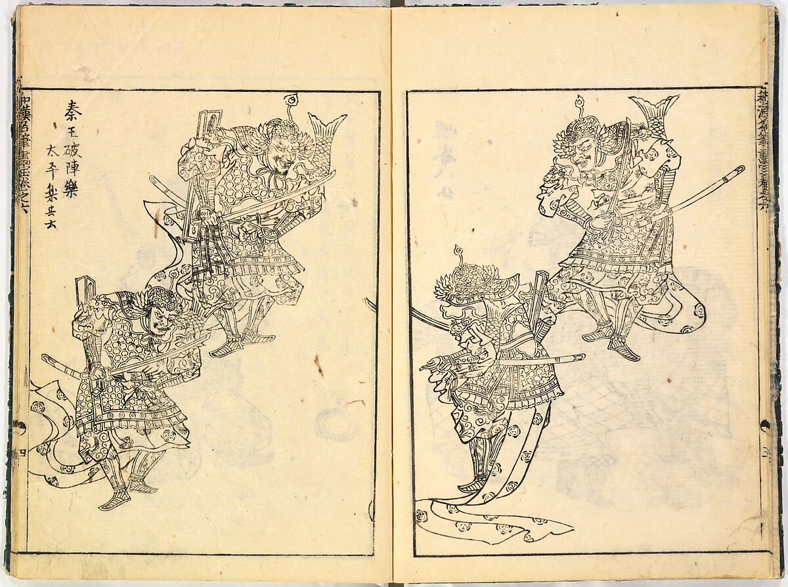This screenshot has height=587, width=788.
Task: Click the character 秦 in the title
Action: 74,108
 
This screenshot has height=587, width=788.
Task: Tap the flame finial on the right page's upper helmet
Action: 579,103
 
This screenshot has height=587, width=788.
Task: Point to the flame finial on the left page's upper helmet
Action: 290,100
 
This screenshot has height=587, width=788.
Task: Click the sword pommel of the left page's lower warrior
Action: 46,359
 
